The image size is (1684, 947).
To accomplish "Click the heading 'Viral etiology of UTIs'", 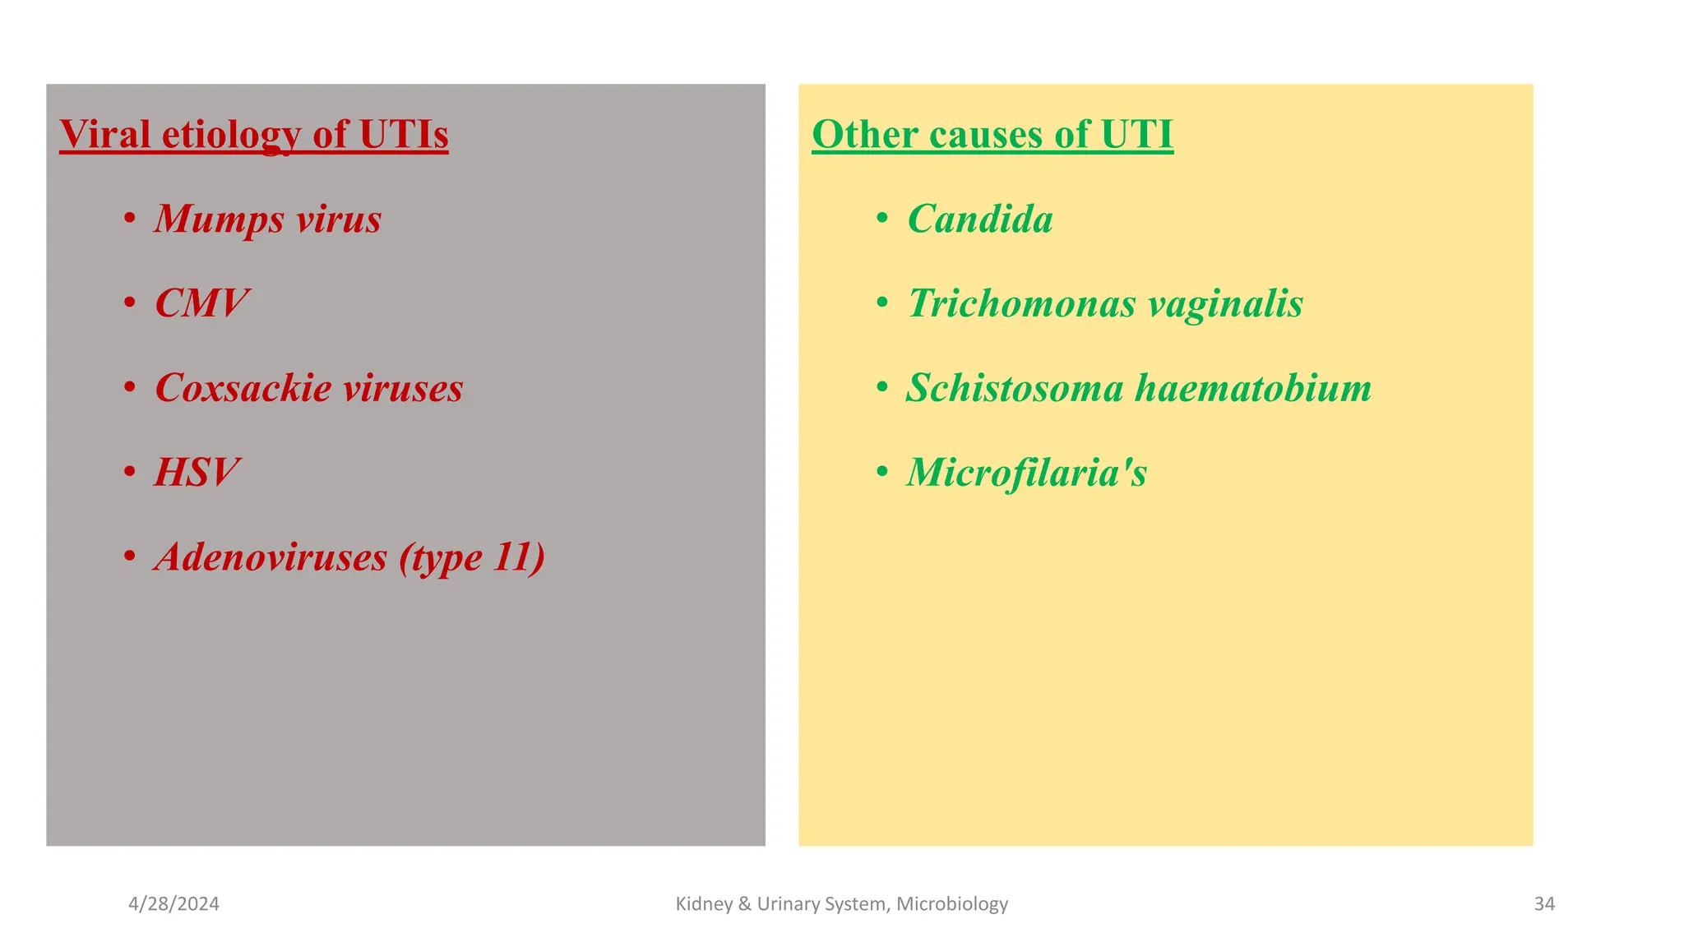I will coord(253,134).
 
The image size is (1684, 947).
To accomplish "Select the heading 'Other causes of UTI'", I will coord(992,134).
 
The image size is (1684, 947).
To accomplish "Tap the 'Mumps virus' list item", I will coord(267,219).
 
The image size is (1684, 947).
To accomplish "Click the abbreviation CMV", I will coord(201,303).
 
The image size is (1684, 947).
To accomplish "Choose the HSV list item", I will coord(197,473).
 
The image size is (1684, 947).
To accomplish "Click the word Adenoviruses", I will coord(271,557).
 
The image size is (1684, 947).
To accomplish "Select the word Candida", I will coord(979,219).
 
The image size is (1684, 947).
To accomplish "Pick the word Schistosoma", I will coord(1015,388).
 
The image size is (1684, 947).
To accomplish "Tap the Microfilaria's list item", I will coord(1026,473).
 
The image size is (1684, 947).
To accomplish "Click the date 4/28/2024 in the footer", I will coord(173,904).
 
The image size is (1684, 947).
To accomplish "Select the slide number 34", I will coord(1544,904).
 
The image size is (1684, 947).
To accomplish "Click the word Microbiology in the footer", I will coord(951,904).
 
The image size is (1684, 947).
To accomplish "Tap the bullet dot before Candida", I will coord(882,219).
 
